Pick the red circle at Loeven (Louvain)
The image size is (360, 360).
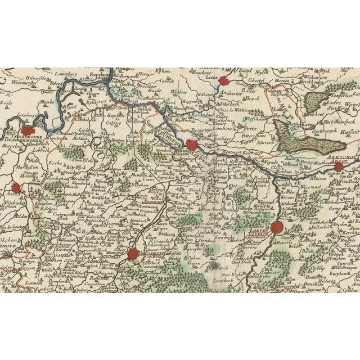point(276,227)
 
